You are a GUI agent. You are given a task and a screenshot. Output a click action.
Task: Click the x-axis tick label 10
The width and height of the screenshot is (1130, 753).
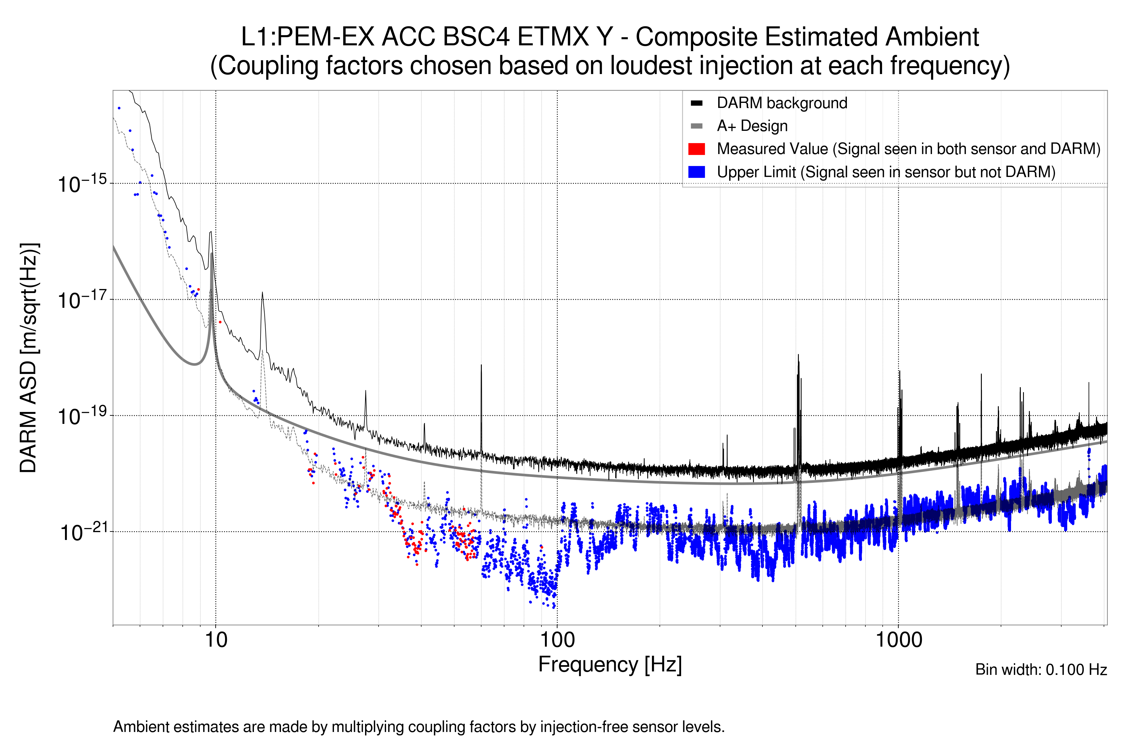click(216, 640)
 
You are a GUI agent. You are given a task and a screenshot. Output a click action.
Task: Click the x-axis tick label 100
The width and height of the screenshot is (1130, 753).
click(557, 640)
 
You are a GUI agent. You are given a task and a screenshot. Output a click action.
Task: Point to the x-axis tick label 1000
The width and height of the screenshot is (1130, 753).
click(898, 640)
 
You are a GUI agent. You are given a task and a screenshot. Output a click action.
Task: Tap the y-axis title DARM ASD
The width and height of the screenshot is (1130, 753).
click(29, 358)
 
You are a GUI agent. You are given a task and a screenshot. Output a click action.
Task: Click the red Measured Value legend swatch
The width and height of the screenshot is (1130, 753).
click(696, 149)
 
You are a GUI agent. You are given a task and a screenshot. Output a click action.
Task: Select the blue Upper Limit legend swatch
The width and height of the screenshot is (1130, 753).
click(696, 172)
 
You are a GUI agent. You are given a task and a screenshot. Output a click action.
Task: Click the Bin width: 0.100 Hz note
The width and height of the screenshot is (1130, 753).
click(1041, 670)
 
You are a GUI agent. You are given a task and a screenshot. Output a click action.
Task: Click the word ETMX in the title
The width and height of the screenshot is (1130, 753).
click(553, 37)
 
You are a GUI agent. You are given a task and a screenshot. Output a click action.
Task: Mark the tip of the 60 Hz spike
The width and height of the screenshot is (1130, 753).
click(481, 365)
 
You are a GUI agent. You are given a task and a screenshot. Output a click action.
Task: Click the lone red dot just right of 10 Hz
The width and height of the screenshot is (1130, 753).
click(220, 322)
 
